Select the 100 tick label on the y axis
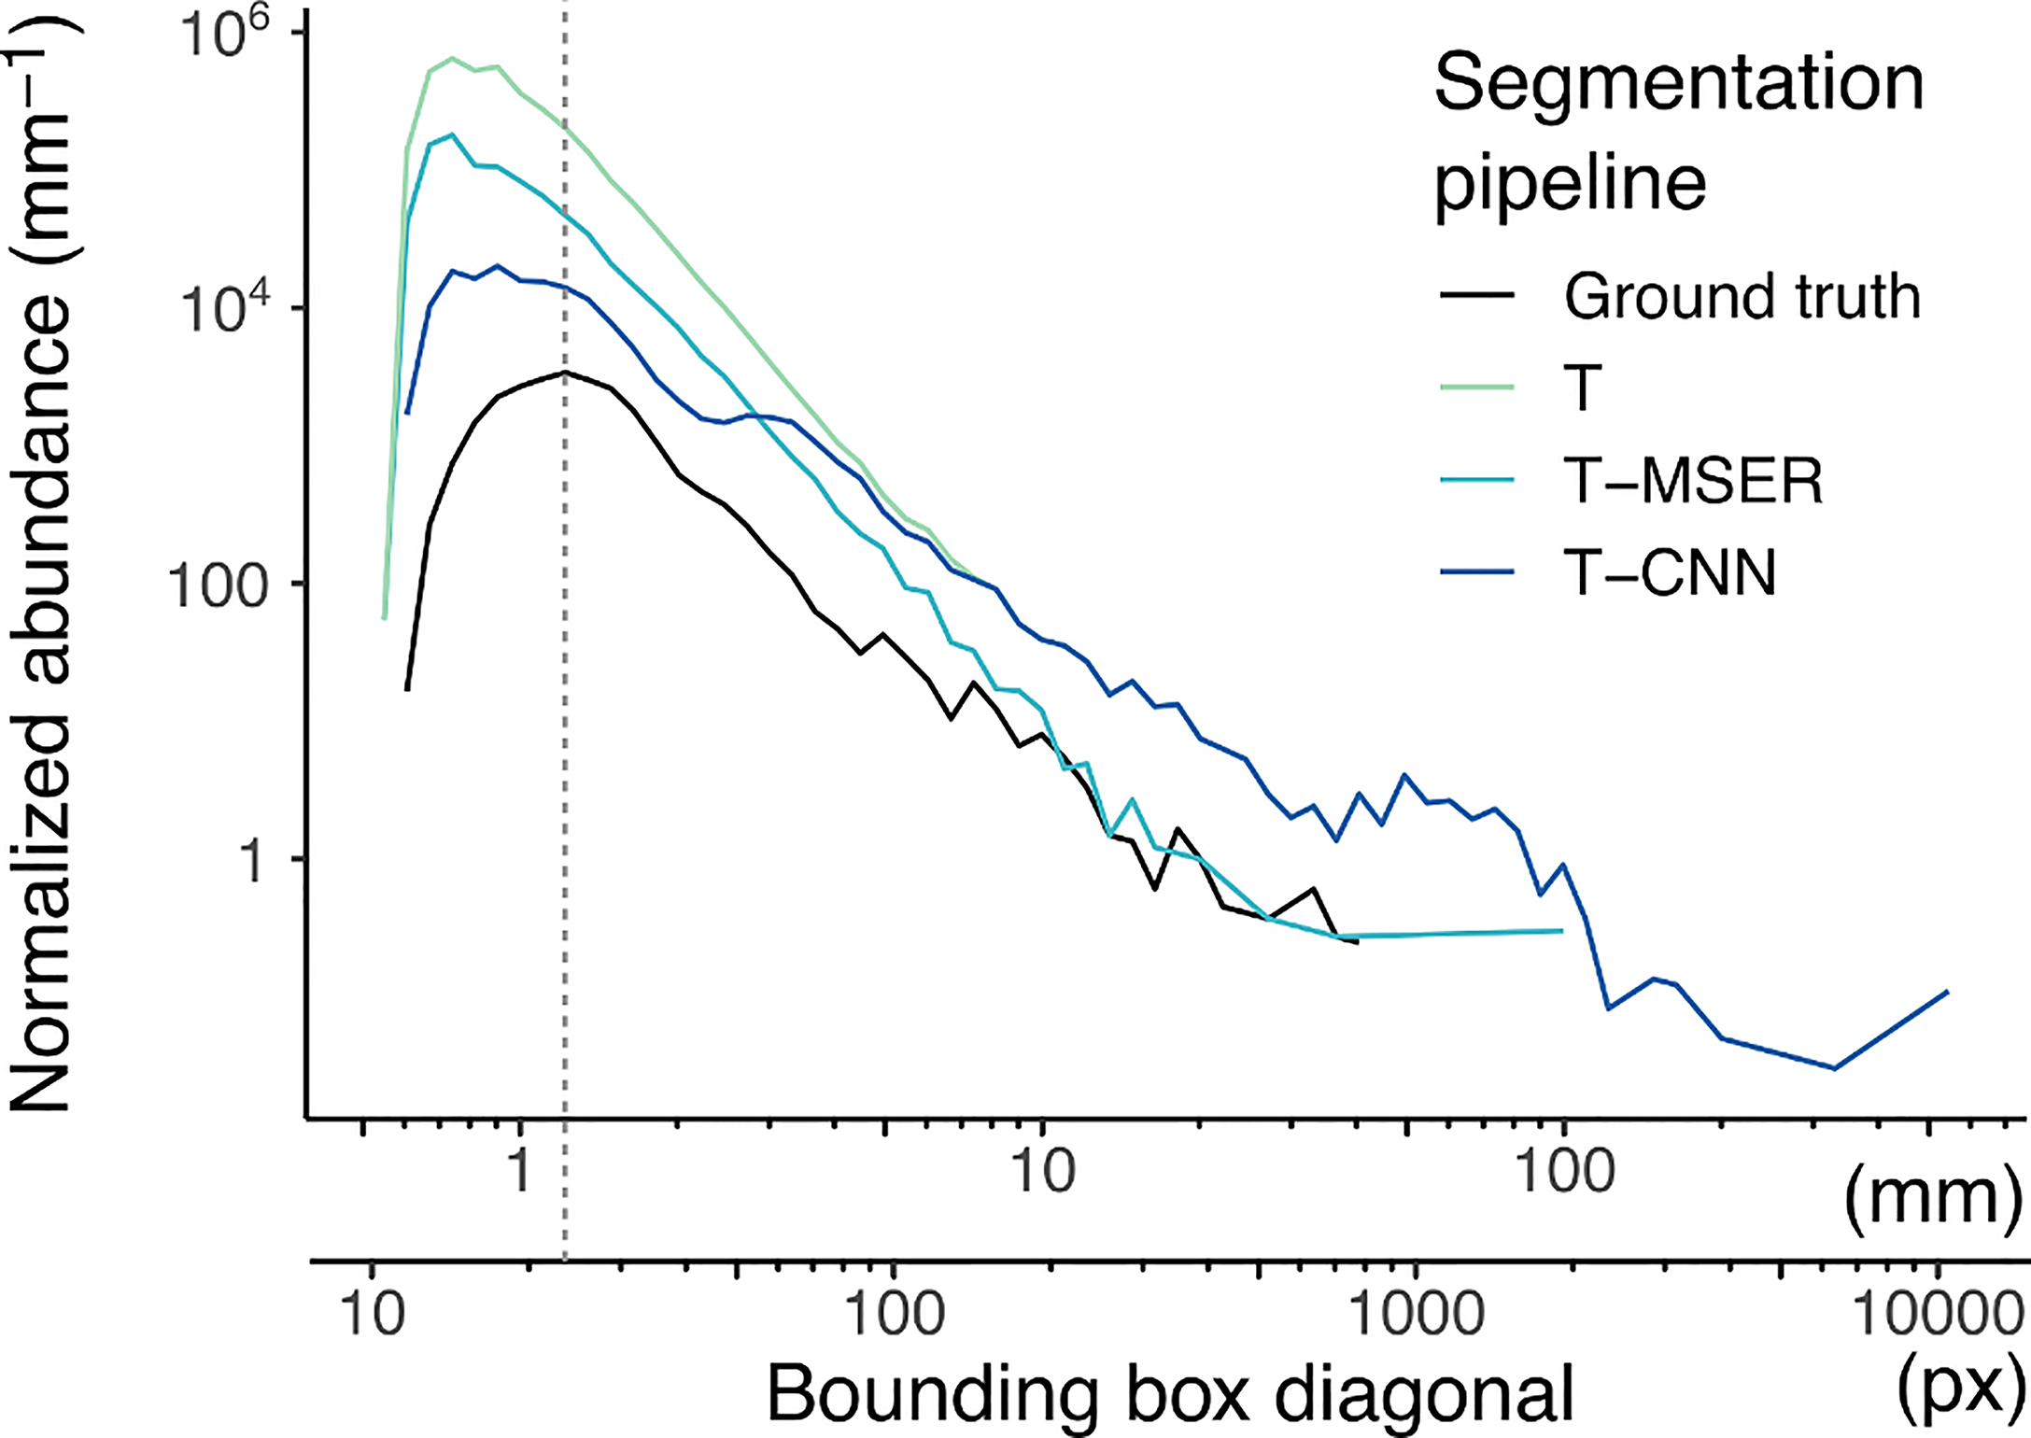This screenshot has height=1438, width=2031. click(x=218, y=585)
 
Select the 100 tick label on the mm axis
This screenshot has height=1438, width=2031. click(x=1563, y=1171)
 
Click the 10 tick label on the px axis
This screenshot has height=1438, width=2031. click(x=373, y=1315)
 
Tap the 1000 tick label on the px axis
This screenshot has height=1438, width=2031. click(x=1417, y=1315)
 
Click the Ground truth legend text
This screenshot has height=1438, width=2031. click(x=1742, y=297)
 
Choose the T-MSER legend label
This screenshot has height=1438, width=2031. click(x=1693, y=482)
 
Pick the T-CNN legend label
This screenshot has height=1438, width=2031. click(x=1670, y=572)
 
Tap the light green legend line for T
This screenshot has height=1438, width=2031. click(x=1477, y=387)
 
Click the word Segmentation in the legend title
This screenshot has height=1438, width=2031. click(x=1679, y=84)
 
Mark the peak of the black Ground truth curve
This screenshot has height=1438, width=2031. click(x=565, y=373)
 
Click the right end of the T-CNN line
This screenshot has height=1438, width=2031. click(x=1947, y=992)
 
